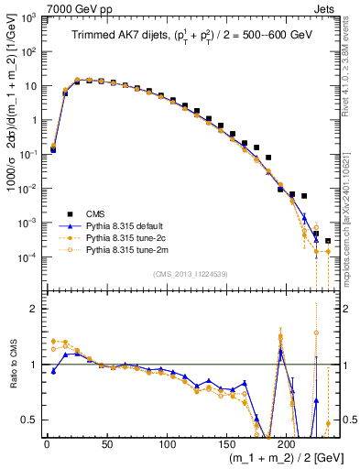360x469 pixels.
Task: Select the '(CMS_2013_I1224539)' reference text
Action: pyautogui.click(x=191, y=272)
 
